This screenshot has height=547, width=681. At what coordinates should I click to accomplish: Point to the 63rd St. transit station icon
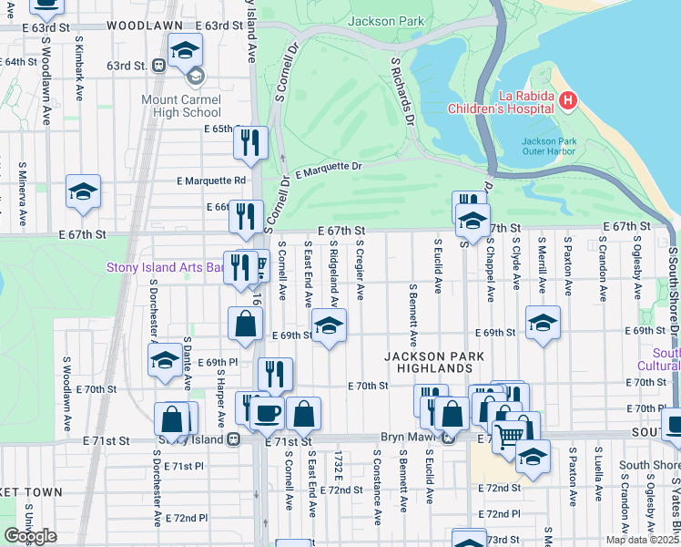[158, 66]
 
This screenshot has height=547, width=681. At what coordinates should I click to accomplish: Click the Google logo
[30, 536]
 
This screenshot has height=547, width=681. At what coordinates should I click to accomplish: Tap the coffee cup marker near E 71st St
[267, 413]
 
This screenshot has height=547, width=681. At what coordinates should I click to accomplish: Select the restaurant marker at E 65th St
[249, 142]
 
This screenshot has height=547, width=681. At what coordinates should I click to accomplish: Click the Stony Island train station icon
[234, 439]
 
